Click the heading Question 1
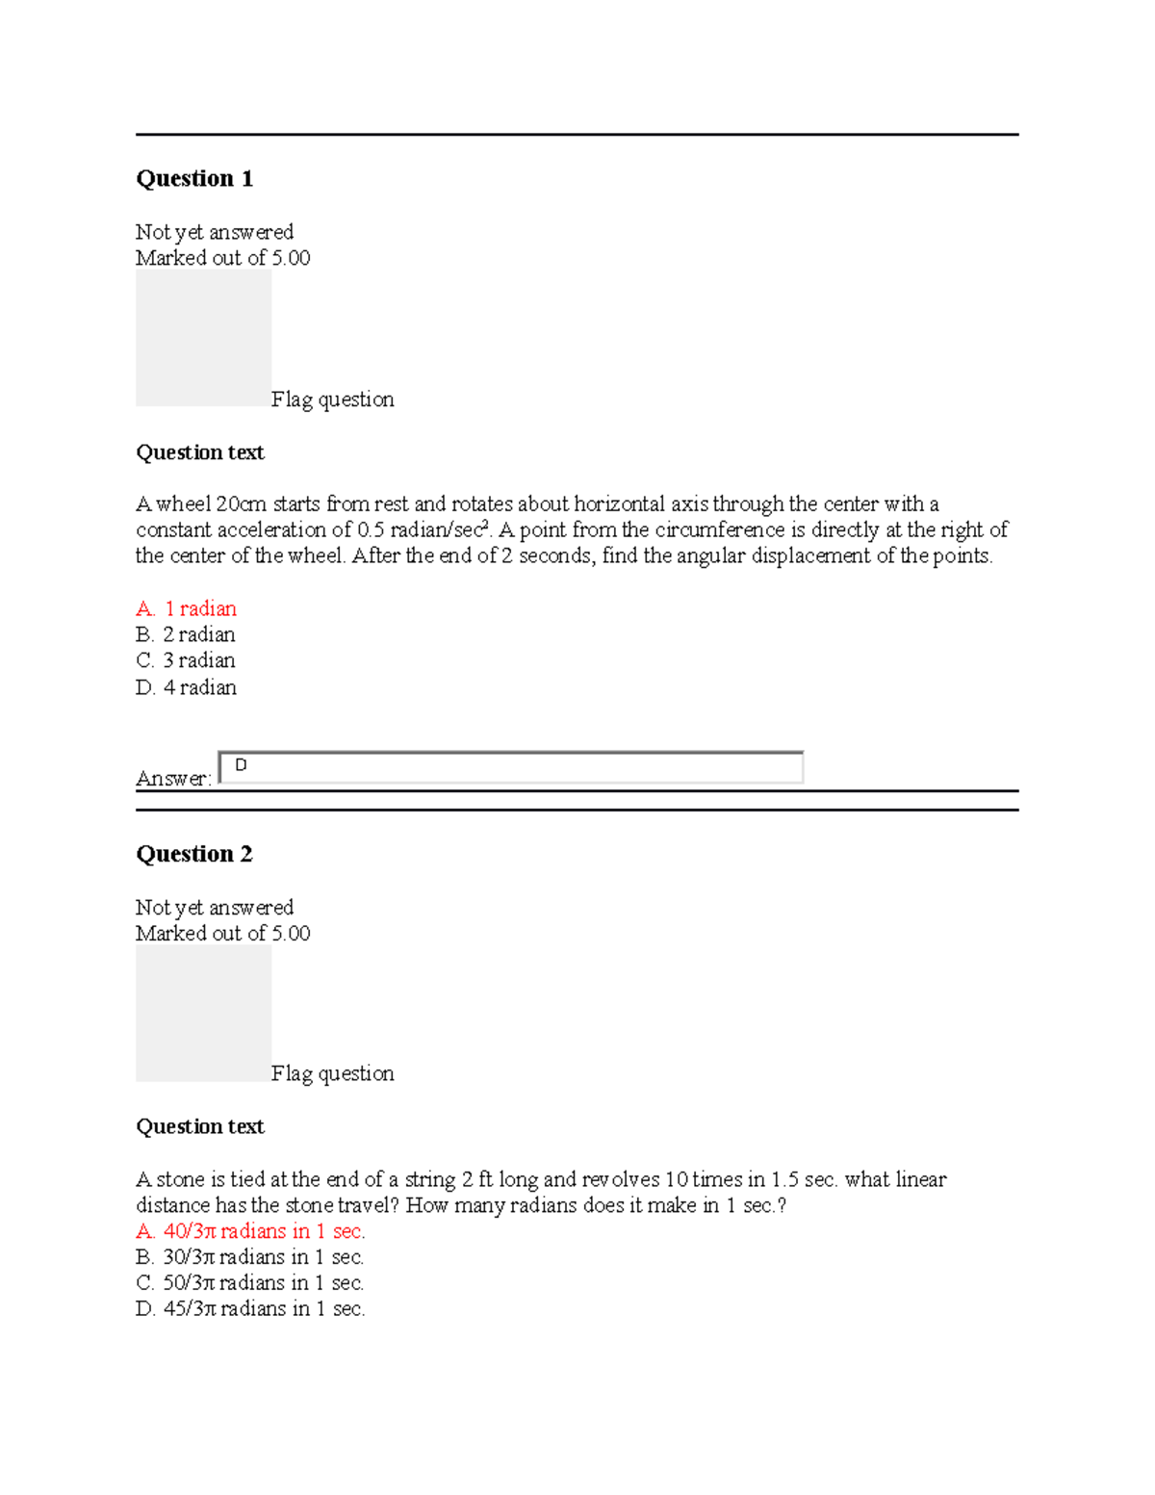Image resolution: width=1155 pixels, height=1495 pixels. point(194,179)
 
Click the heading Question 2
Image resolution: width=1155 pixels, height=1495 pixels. point(194,854)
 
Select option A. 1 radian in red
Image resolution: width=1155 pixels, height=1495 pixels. point(187,608)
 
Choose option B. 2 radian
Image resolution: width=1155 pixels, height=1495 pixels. point(186,634)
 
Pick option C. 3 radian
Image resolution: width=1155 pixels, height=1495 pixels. point(186,660)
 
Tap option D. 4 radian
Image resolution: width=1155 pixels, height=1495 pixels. point(187,687)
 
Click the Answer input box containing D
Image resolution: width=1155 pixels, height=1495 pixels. point(511,767)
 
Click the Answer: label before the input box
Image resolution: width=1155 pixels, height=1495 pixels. point(173,779)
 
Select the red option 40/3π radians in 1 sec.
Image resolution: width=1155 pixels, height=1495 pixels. point(251,1231)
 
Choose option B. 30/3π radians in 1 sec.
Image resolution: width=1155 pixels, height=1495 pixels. point(250,1257)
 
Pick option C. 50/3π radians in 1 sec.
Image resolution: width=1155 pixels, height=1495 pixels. point(250,1283)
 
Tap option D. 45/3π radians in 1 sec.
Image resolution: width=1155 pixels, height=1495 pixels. point(251,1309)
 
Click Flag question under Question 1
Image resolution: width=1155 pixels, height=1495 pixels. point(332,400)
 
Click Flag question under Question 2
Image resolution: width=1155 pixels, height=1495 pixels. point(332,1073)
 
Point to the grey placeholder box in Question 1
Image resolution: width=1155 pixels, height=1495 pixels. point(203,337)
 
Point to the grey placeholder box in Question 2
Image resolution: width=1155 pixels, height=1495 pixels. point(203,1013)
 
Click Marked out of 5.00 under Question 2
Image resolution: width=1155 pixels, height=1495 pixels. point(222,933)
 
